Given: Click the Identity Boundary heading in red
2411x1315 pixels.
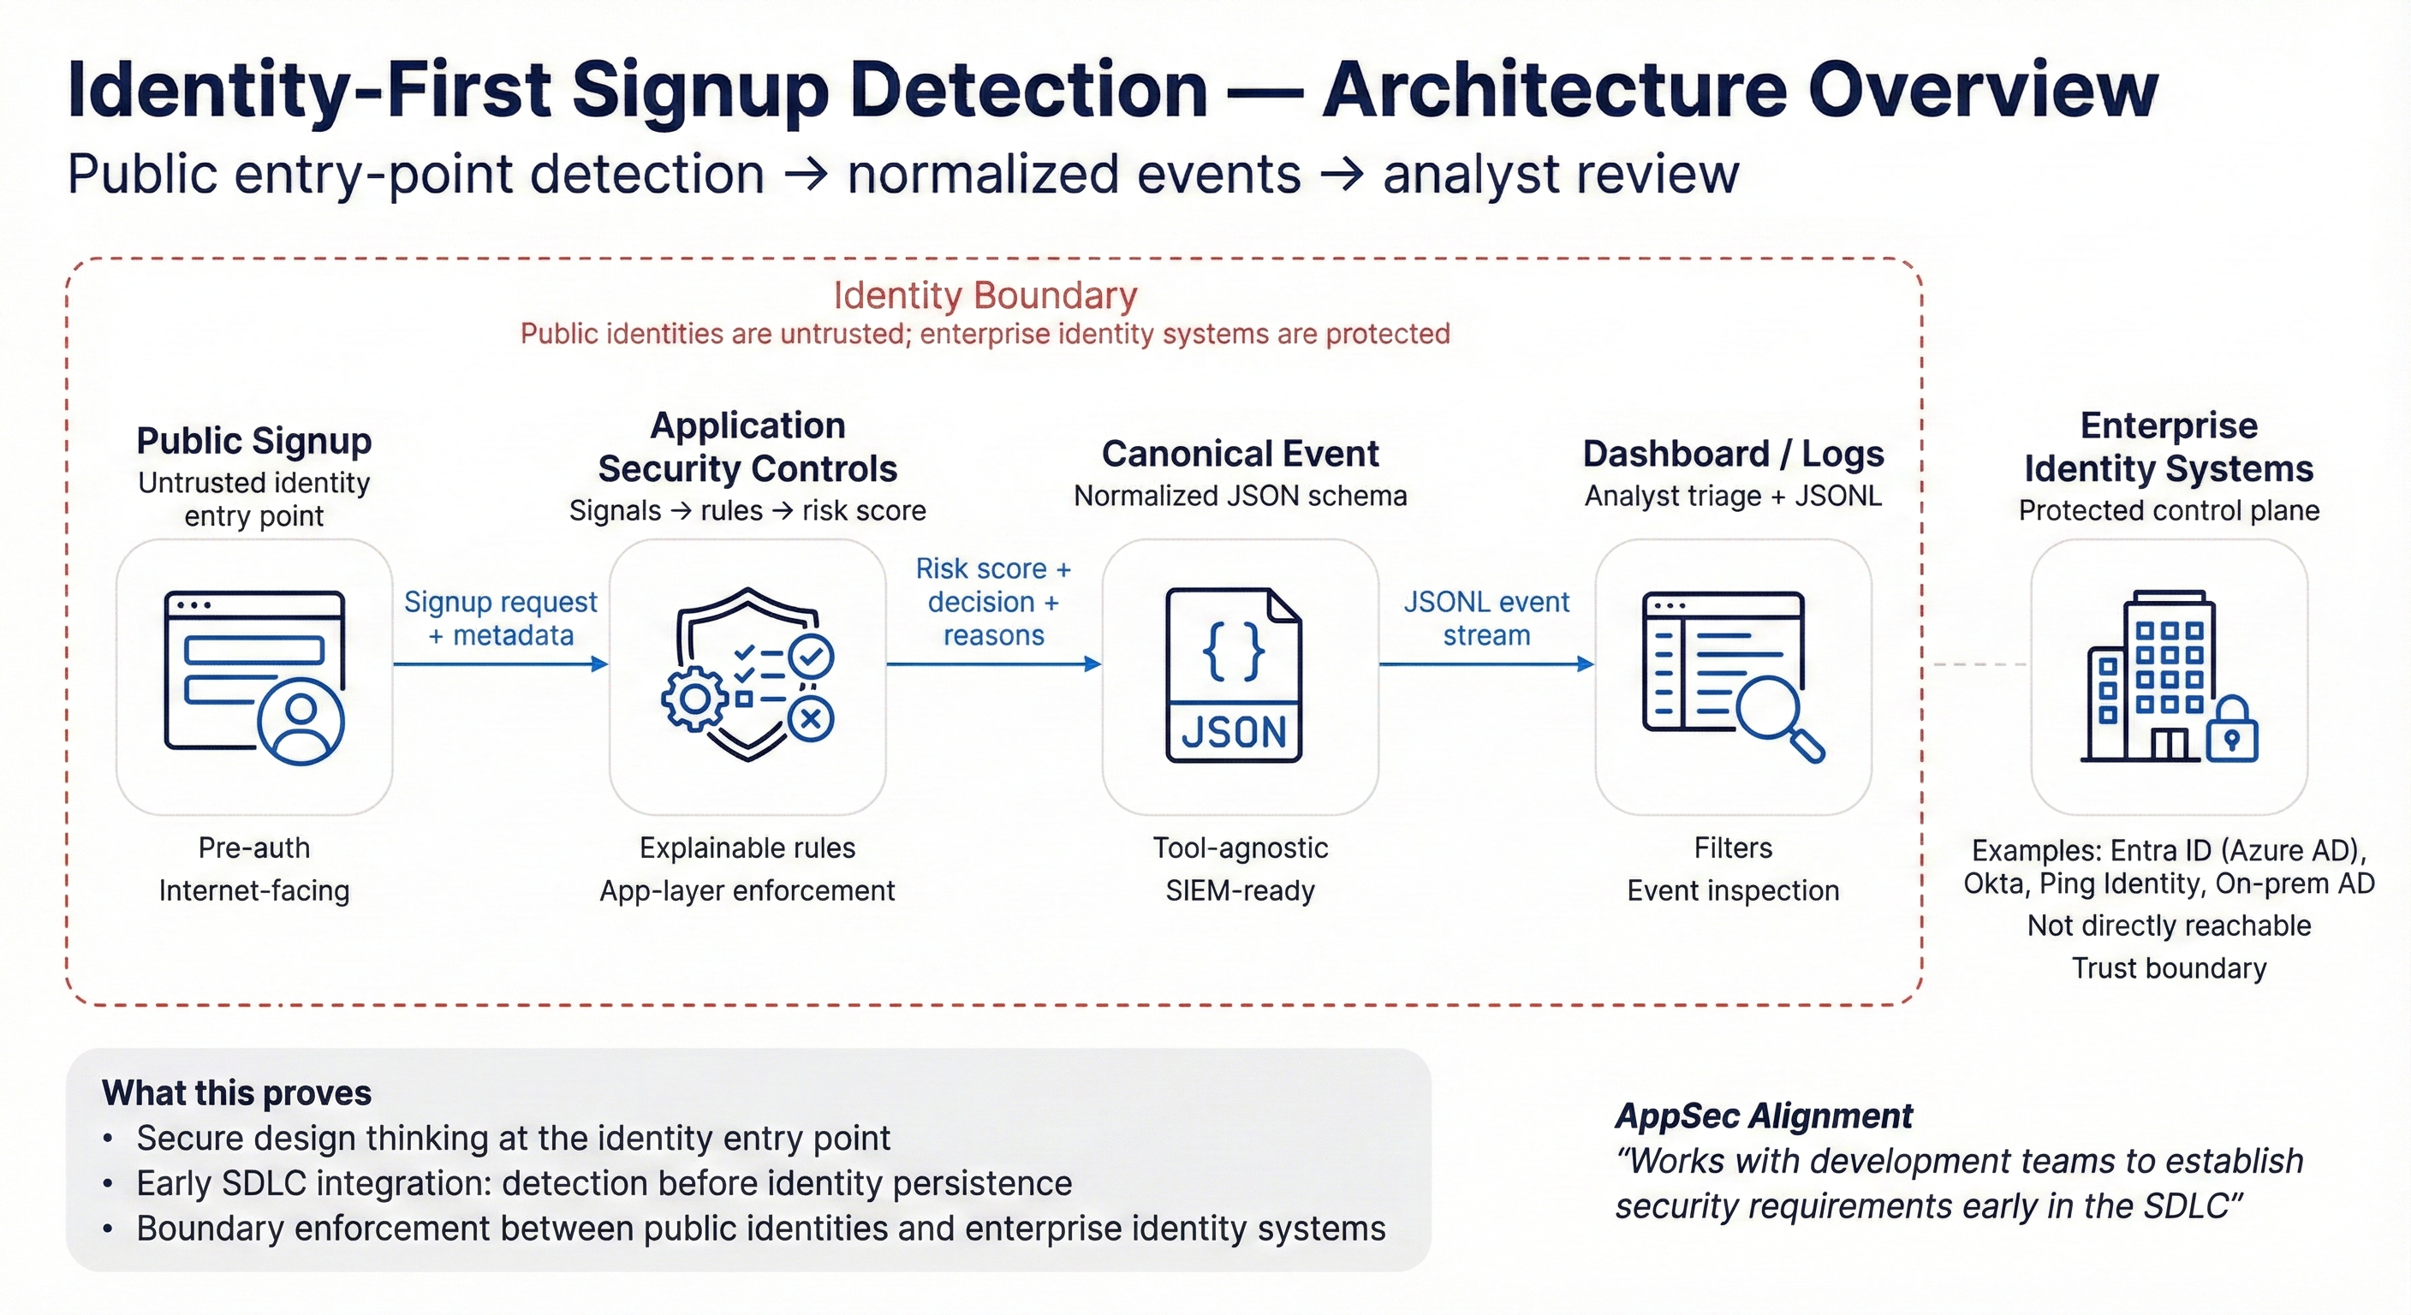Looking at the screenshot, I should coord(985,295).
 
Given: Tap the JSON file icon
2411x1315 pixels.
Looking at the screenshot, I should coord(1234,675).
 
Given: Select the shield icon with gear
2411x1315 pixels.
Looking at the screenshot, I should coord(747,675).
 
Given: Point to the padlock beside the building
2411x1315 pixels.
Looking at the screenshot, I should coord(2232,731).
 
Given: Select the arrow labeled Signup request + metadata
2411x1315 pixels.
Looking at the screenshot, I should coord(500,664).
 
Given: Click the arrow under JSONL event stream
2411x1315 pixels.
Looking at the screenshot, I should coord(1485,664).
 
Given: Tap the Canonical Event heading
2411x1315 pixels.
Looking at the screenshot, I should coord(1239,454).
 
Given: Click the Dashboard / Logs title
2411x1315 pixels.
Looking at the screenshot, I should coord(1732,454).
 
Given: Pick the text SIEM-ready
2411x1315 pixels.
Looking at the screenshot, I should coord(1239,890).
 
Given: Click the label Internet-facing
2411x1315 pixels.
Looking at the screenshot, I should coord(253,890).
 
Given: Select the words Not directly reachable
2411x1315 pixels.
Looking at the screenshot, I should coord(2169,925).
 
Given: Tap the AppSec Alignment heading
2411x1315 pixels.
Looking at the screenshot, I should coord(1764,1116).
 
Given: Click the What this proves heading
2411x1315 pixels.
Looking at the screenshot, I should coord(237,1093).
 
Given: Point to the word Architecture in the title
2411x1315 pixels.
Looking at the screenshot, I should coord(1554,91).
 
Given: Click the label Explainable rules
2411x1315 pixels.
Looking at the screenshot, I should coord(747,848).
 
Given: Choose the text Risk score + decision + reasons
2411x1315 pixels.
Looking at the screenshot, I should coord(993,602).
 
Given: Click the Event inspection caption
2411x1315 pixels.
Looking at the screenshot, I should coord(1732,890).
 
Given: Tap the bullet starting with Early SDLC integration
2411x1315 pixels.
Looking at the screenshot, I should coord(604,1184).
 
